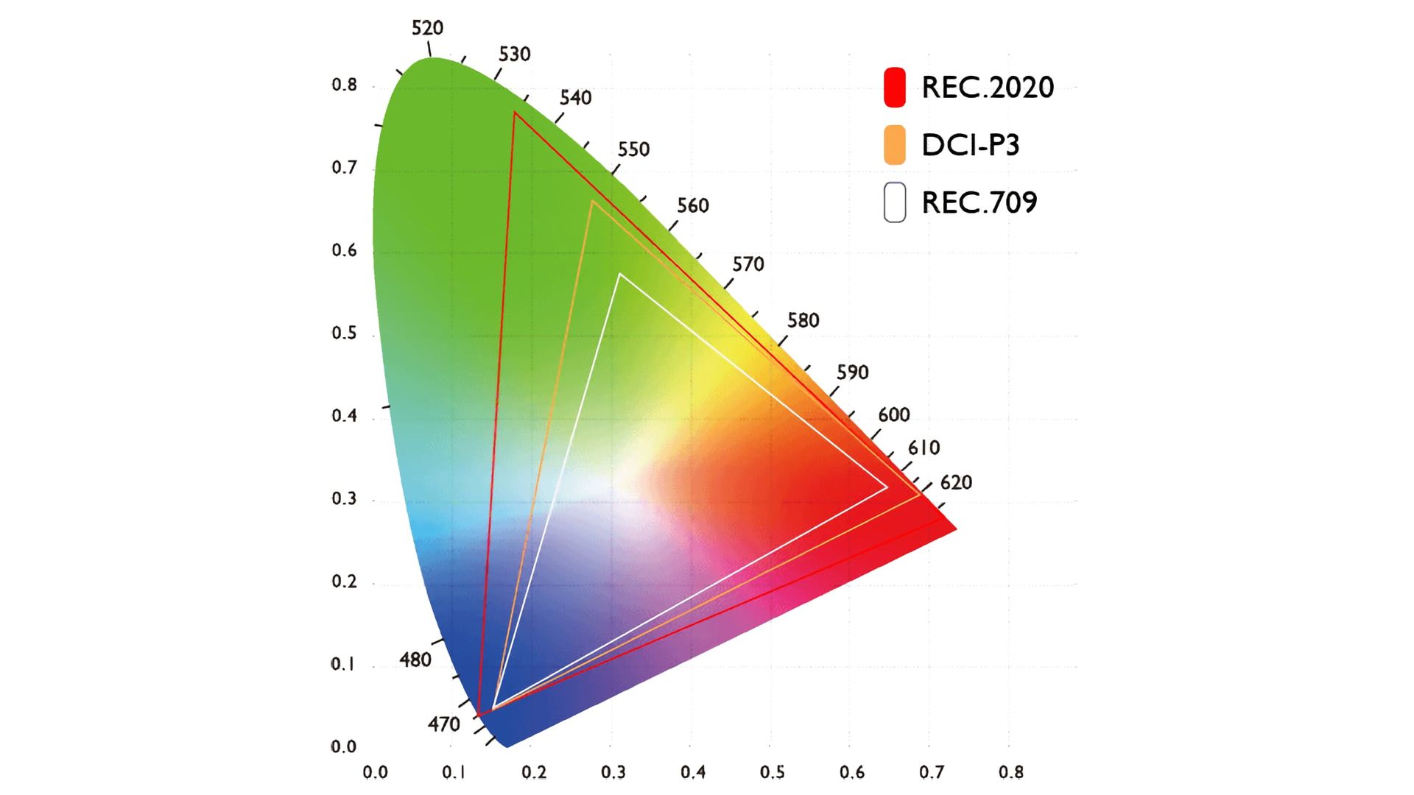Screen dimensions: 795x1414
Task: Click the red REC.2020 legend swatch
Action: (894, 87)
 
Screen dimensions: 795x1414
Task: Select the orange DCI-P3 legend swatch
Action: (894, 144)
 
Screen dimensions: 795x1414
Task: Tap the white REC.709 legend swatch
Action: (894, 202)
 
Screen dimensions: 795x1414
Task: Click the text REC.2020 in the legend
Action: (988, 88)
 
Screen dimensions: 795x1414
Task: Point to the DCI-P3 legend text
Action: (970, 145)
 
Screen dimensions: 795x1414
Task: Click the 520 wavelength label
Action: (427, 28)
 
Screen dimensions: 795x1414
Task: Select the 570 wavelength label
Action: (748, 264)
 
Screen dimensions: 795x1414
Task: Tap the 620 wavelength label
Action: (956, 483)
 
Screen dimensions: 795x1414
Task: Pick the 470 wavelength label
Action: (443, 724)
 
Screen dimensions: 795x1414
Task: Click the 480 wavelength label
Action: (415, 660)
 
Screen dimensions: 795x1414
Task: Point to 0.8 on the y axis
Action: (344, 85)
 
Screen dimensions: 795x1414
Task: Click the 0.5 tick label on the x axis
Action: (772, 772)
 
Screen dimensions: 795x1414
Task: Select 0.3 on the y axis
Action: (344, 498)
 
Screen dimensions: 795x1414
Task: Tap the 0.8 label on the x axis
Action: (1010, 772)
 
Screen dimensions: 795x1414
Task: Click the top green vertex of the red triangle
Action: (515, 113)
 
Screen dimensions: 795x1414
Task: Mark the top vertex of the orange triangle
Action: (592, 201)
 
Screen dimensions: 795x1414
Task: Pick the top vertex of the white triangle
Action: (620, 274)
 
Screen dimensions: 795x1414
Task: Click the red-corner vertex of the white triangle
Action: (887, 487)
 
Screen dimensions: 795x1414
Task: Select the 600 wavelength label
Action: (893, 415)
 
